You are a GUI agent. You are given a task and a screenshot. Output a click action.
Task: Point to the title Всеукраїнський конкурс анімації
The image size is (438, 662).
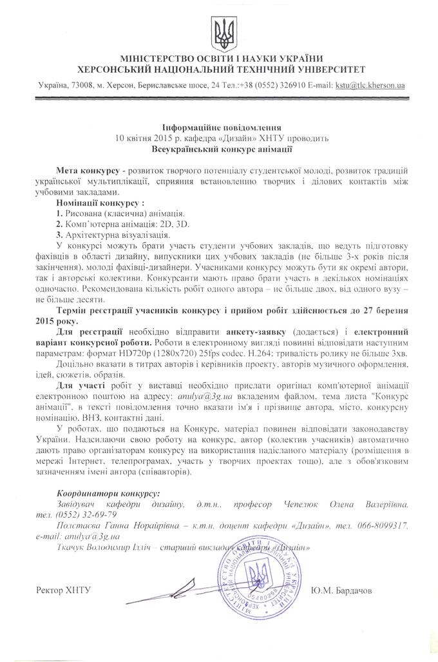(x=218, y=149)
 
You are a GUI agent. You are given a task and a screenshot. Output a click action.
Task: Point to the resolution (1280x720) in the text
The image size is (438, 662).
(x=232, y=354)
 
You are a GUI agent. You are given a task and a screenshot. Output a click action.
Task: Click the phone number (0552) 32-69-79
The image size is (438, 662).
(x=86, y=514)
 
